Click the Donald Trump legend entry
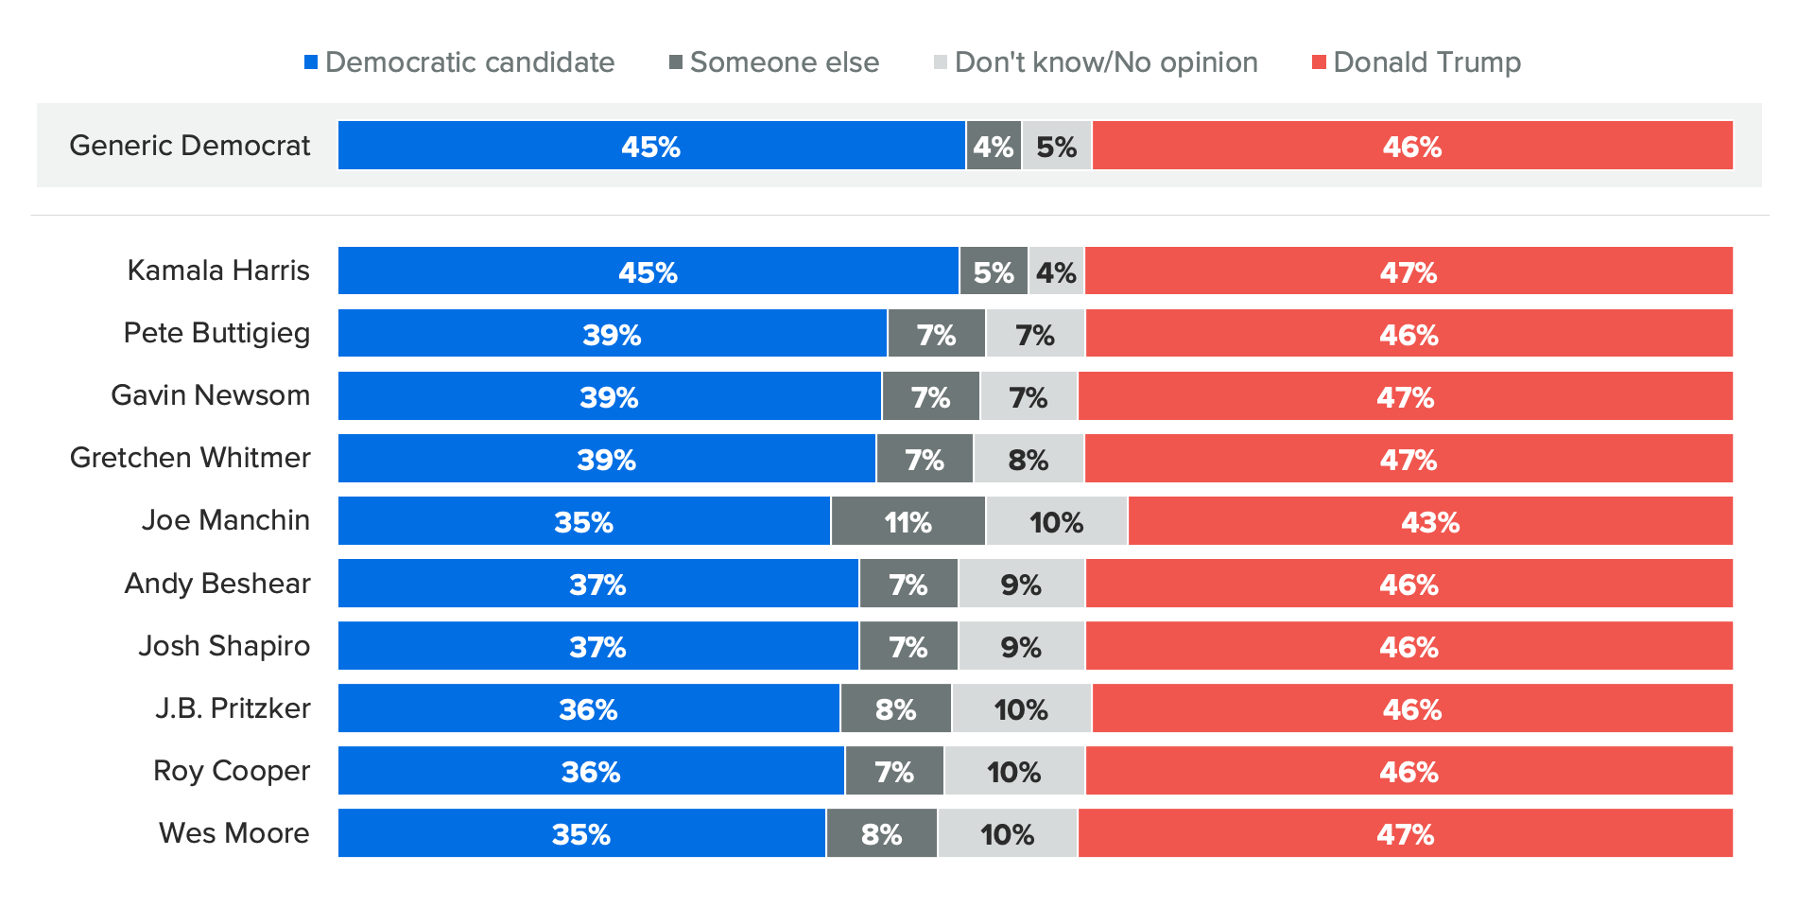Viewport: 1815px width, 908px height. [1416, 62]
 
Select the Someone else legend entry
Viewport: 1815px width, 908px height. [774, 62]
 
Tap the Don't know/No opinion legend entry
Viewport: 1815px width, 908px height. [1096, 62]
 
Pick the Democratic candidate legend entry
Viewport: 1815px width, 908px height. [459, 62]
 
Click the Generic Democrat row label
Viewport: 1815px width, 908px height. [189, 146]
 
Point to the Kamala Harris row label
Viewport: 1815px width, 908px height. [218, 271]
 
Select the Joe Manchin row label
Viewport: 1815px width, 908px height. [226, 520]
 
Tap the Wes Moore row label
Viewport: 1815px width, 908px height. [233, 833]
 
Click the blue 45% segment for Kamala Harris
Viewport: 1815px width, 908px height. [648, 271]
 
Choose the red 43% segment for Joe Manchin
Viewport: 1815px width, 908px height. [1430, 521]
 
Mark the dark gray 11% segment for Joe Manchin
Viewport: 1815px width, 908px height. [908, 521]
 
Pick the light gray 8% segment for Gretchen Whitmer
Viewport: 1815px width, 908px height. [1028, 459]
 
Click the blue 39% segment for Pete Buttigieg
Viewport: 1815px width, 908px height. [613, 334]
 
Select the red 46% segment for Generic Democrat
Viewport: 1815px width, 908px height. [1412, 146]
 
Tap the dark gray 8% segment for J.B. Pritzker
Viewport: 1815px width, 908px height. [895, 708]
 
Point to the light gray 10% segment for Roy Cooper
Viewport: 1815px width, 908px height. [1014, 771]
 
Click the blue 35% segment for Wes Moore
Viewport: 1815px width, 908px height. [581, 833]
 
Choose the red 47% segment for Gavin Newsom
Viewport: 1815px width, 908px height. [1406, 396]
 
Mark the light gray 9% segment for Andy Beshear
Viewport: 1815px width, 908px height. [1021, 584]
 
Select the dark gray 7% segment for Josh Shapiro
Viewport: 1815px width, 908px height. [908, 646]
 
